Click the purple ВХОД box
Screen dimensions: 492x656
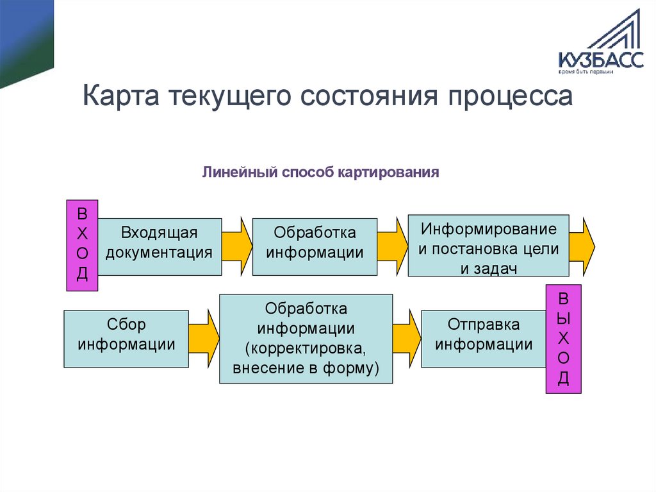pos(82,244)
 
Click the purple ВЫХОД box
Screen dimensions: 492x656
pos(564,339)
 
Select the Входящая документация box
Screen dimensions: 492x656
pos(159,247)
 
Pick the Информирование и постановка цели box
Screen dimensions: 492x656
pos(488,246)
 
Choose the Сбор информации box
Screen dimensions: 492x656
pos(126,339)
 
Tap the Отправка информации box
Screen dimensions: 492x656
pos(484,339)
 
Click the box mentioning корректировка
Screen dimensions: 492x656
pos(306,339)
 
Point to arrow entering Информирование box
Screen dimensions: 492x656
pos(393,246)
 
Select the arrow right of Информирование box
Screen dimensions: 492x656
pos(582,246)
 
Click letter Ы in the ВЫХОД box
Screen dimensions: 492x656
pos(564,318)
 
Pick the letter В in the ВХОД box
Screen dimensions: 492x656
pos(82,212)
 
